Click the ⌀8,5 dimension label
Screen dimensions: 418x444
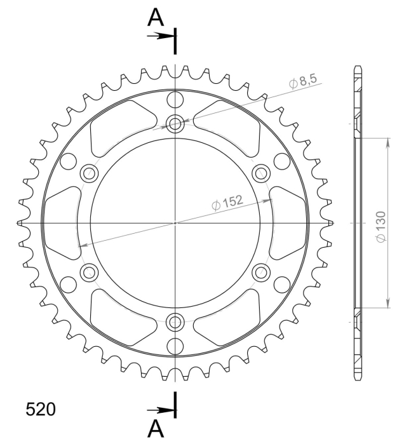(x=303, y=81)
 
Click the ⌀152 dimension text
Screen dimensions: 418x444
(x=227, y=203)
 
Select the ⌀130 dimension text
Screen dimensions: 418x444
(x=381, y=227)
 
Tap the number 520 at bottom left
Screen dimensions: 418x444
(x=41, y=410)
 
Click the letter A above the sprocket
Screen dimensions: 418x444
(x=156, y=17)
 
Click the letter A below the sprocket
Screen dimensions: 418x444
(x=156, y=428)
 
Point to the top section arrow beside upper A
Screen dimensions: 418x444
(x=161, y=36)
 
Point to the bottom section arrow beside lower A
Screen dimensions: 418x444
(x=161, y=410)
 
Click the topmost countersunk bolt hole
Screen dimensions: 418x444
(x=175, y=124)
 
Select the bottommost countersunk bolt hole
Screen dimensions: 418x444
(x=175, y=322)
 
